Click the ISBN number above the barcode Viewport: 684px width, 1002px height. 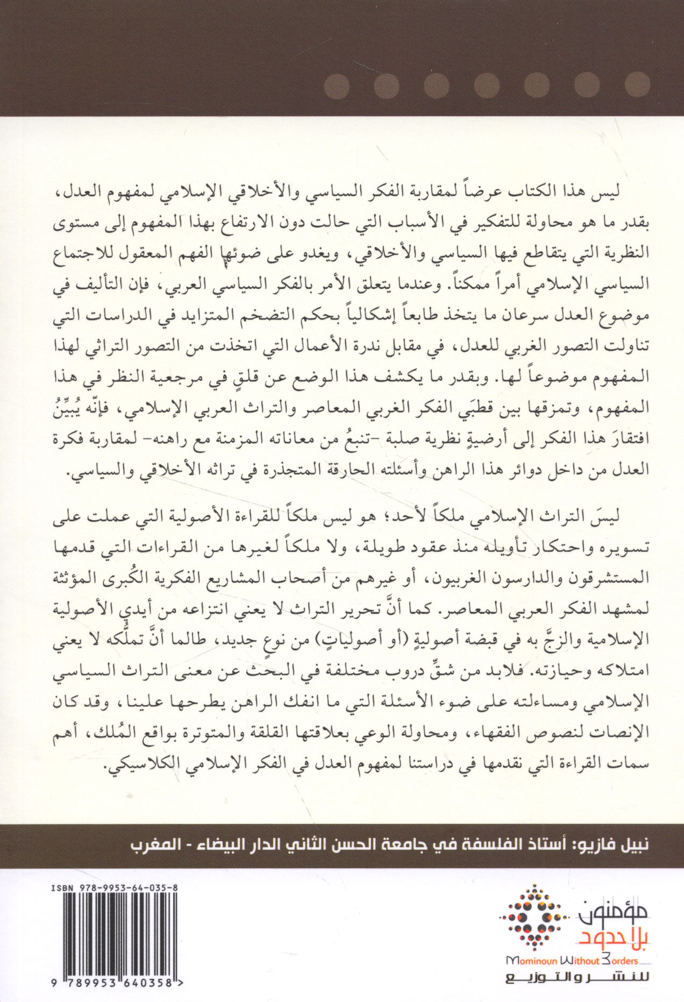click(115, 889)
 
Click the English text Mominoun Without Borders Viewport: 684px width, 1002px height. click(573, 960)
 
